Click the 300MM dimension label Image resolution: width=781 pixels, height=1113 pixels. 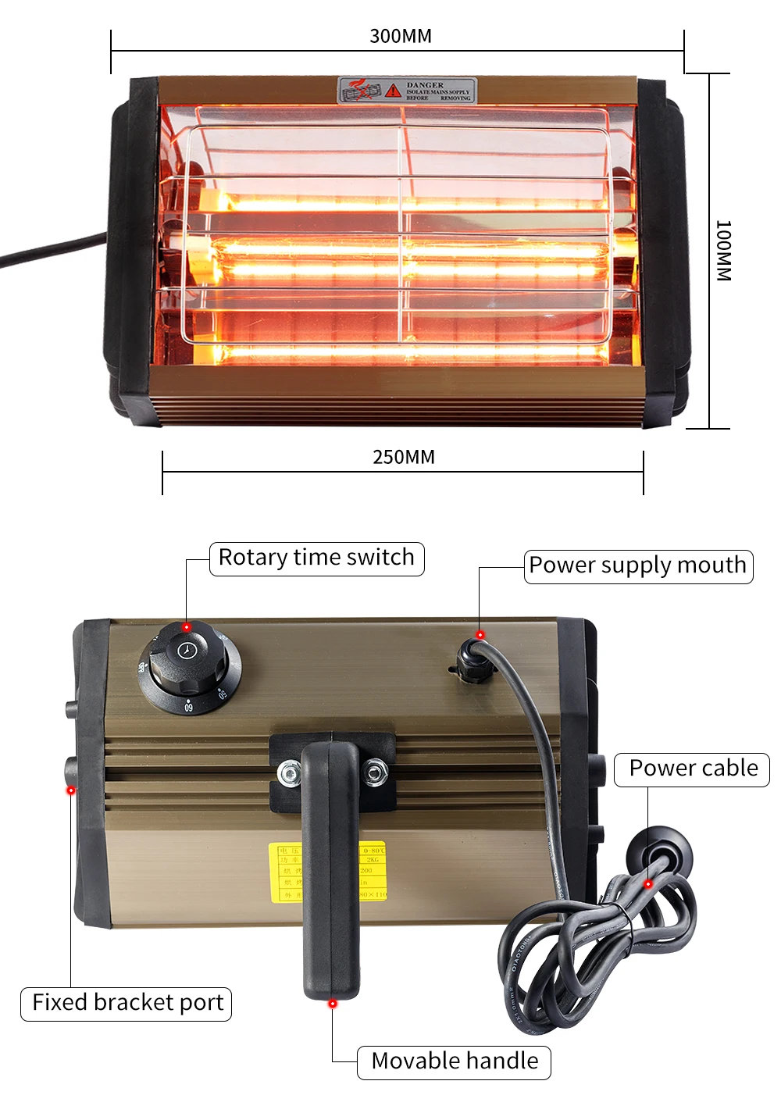(x=400, y=36)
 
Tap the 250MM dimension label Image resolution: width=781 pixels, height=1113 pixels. (x=403, y=457)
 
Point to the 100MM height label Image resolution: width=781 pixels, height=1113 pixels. (x=723, y=251)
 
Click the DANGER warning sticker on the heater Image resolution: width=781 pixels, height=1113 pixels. (x=406, y=90)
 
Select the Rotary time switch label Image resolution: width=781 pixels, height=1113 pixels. (x=316, y=558)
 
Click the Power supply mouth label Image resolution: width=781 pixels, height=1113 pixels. (x=638, y=565)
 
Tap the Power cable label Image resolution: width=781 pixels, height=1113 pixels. (x=693, y=769)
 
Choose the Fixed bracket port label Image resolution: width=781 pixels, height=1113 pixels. (x=127, y=1003)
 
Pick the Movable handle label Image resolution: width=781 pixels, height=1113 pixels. (x=455, y=1061)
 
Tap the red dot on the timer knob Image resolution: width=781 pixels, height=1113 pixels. (x=187, y=627)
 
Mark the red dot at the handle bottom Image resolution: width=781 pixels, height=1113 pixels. (x=333, y=1003)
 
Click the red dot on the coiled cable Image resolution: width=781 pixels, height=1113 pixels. (x=647, y=884)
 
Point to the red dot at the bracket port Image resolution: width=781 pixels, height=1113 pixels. (x=71, y=790)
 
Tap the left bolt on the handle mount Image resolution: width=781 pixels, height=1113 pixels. (x=290, y=775)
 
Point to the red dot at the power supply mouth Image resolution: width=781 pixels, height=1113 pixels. (x=480, y=635)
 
